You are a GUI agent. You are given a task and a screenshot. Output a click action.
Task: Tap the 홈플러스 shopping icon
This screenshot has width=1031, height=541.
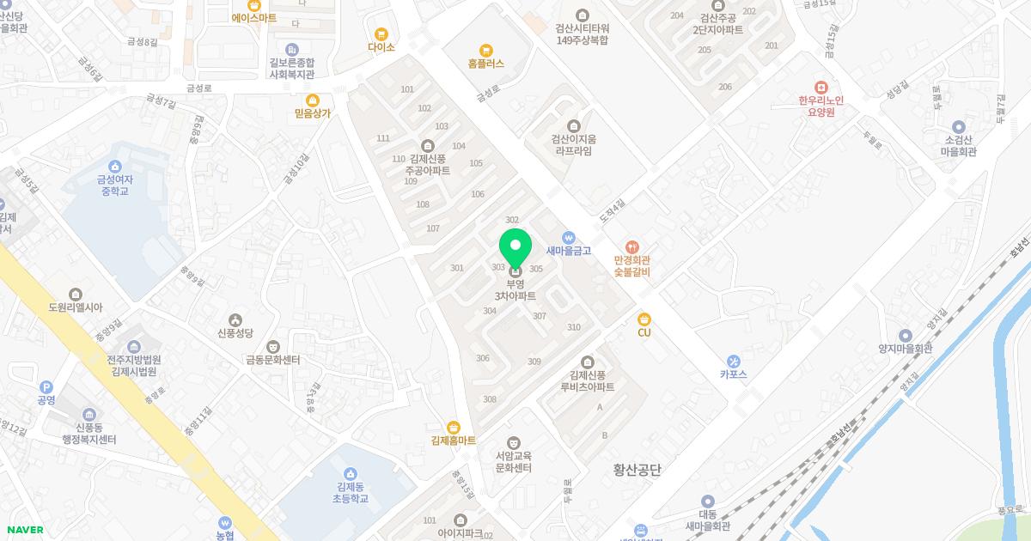click(x=486, y=50)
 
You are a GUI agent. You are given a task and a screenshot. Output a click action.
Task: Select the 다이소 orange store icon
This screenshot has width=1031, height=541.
click(x=381, y=33)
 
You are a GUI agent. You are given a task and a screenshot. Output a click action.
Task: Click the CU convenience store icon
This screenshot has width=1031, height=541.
click(x=644, y=319)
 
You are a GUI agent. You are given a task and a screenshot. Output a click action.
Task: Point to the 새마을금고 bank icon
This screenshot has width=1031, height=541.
click(x=568, y=238)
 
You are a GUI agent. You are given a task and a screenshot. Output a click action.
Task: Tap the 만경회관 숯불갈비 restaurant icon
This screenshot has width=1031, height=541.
click(x=632, y=246)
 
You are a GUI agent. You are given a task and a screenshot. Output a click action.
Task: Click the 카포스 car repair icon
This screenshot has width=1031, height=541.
click(x=733, y=361)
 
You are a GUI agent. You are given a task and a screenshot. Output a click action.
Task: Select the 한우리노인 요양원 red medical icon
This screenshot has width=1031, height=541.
click(x=821, y=87)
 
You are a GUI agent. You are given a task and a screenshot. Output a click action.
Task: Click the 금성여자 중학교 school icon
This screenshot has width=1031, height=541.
click(x=114, y=167)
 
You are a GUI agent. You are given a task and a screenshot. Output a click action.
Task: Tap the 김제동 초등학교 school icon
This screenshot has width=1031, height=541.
click(x=351, y=473)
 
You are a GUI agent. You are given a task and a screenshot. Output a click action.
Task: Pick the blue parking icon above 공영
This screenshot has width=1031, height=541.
click(x=46, y=387)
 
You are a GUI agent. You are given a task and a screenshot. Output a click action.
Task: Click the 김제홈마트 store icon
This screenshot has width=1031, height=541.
click(x=454, y=427)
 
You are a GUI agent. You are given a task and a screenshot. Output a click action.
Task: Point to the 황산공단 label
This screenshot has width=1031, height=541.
click(x=637, y=470)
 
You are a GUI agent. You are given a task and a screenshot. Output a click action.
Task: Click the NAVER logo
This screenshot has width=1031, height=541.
click(x=25, y=530)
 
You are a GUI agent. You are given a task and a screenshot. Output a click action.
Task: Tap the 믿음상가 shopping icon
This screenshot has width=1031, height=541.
click(x=312, y=100)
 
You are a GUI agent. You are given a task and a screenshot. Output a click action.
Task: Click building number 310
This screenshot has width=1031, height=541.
click(x=574, y=327)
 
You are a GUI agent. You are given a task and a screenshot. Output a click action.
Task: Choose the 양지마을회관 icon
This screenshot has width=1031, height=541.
click(x=905, y=336)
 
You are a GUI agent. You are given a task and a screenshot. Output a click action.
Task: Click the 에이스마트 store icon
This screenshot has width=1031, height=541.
click(x=254, y=5)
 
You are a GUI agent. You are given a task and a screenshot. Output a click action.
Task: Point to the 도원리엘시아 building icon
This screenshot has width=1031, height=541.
click(x=76, y=295)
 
